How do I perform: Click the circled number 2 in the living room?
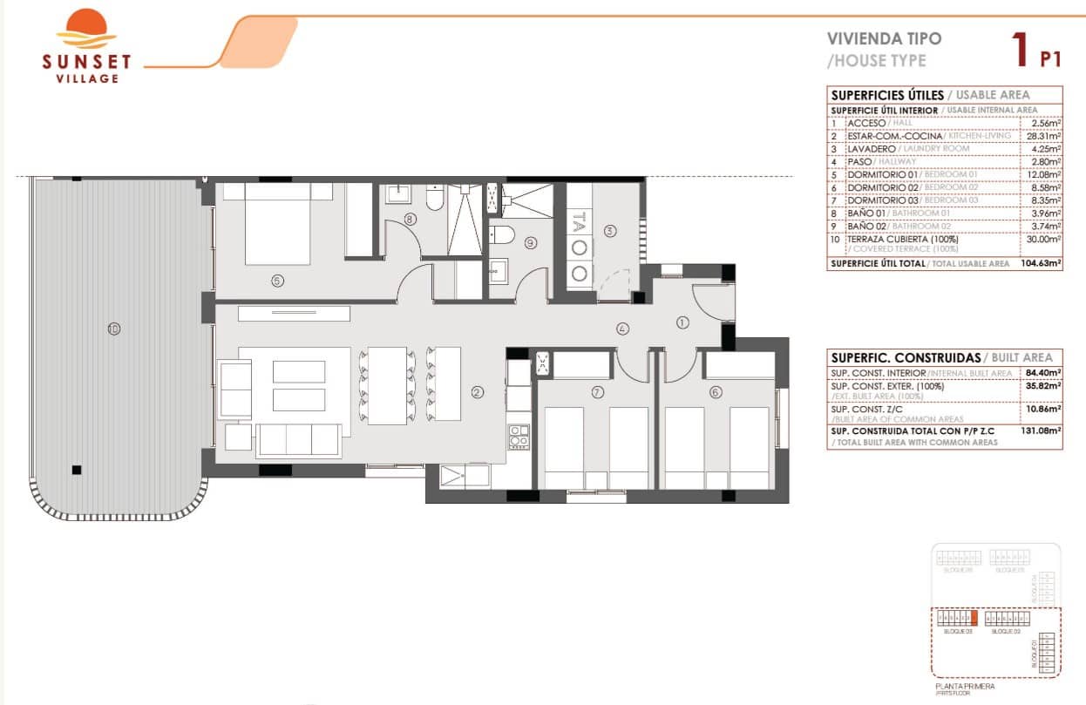(x=477, y=392)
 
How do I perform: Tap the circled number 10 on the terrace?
(x=114, y=329)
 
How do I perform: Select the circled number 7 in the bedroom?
(x=597, y=392)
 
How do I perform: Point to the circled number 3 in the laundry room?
(x=610, y=231)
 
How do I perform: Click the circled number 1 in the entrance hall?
(x=682, y=322)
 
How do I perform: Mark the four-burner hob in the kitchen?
(x=519, y=436)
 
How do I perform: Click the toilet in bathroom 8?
(x=433, y=200)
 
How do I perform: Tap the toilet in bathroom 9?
(x=500, y=234)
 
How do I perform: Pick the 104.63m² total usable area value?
(x=1041, y=263)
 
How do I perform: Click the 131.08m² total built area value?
(x=1041, y=430)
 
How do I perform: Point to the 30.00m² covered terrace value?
(x=1044, y=239)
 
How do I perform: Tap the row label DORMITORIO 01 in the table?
(x=882, y=174)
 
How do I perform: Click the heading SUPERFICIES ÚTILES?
(x=886, y=95)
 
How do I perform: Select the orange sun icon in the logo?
(x=86, y=28)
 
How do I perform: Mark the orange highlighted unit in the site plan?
(x=974, y=619)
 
